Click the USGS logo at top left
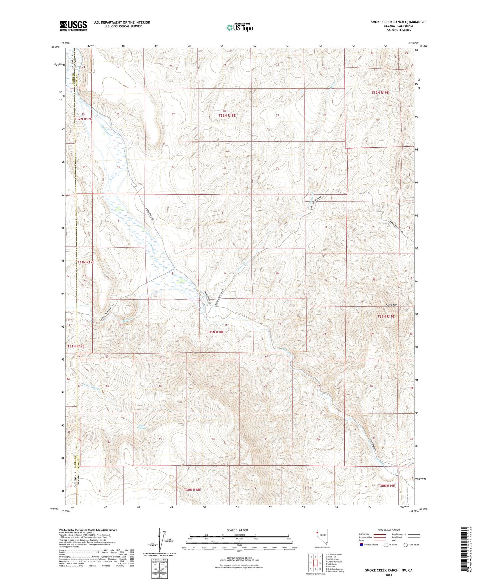coord(73,26)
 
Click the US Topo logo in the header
coord(239,27)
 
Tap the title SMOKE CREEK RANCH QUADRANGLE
coord(398,22)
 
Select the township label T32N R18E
coord(227,115)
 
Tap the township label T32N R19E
coord(380,93)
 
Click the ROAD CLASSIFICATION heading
coord(389,530)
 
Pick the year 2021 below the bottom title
coord(389,575)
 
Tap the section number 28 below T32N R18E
coord(224,111)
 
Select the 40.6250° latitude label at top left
coord(56,47)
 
